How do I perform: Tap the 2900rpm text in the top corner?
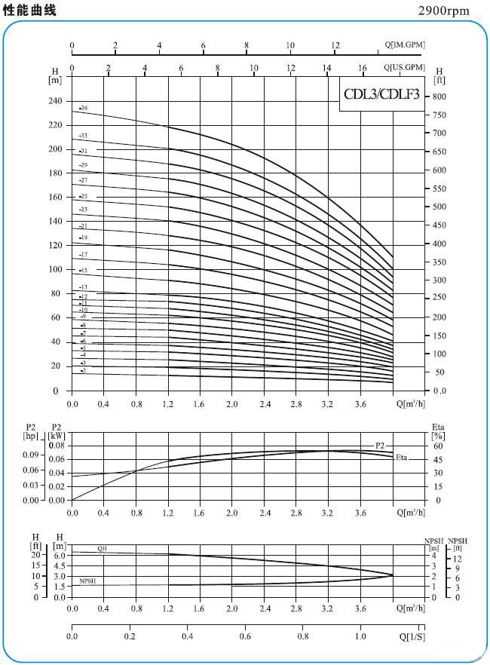[x=443, y=11]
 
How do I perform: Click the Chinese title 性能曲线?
[x=29, y=10]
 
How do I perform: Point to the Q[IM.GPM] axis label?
[x=404, y=44]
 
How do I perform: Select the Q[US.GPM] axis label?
[x=404, y=67]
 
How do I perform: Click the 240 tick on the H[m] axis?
[x=54, y=101]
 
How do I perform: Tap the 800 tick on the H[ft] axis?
[x=439, y=97]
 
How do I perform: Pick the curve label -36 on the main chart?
[x=84, y=109]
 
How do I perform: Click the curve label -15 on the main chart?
[x=84, y=270]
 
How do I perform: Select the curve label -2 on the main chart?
[x=84, y=370]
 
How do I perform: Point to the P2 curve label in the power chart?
[x=380, y=446]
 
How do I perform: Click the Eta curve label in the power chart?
[x=401, y=457]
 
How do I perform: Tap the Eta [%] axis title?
[x=438, y=431]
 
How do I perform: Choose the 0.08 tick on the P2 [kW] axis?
[x=56, y=446]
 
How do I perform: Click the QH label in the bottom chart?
[x=102, y=548]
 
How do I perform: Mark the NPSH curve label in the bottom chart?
[x=87, y=581]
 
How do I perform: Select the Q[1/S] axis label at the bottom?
[x=411, y=638]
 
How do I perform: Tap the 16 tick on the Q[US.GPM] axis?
[x=363, y=68]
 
